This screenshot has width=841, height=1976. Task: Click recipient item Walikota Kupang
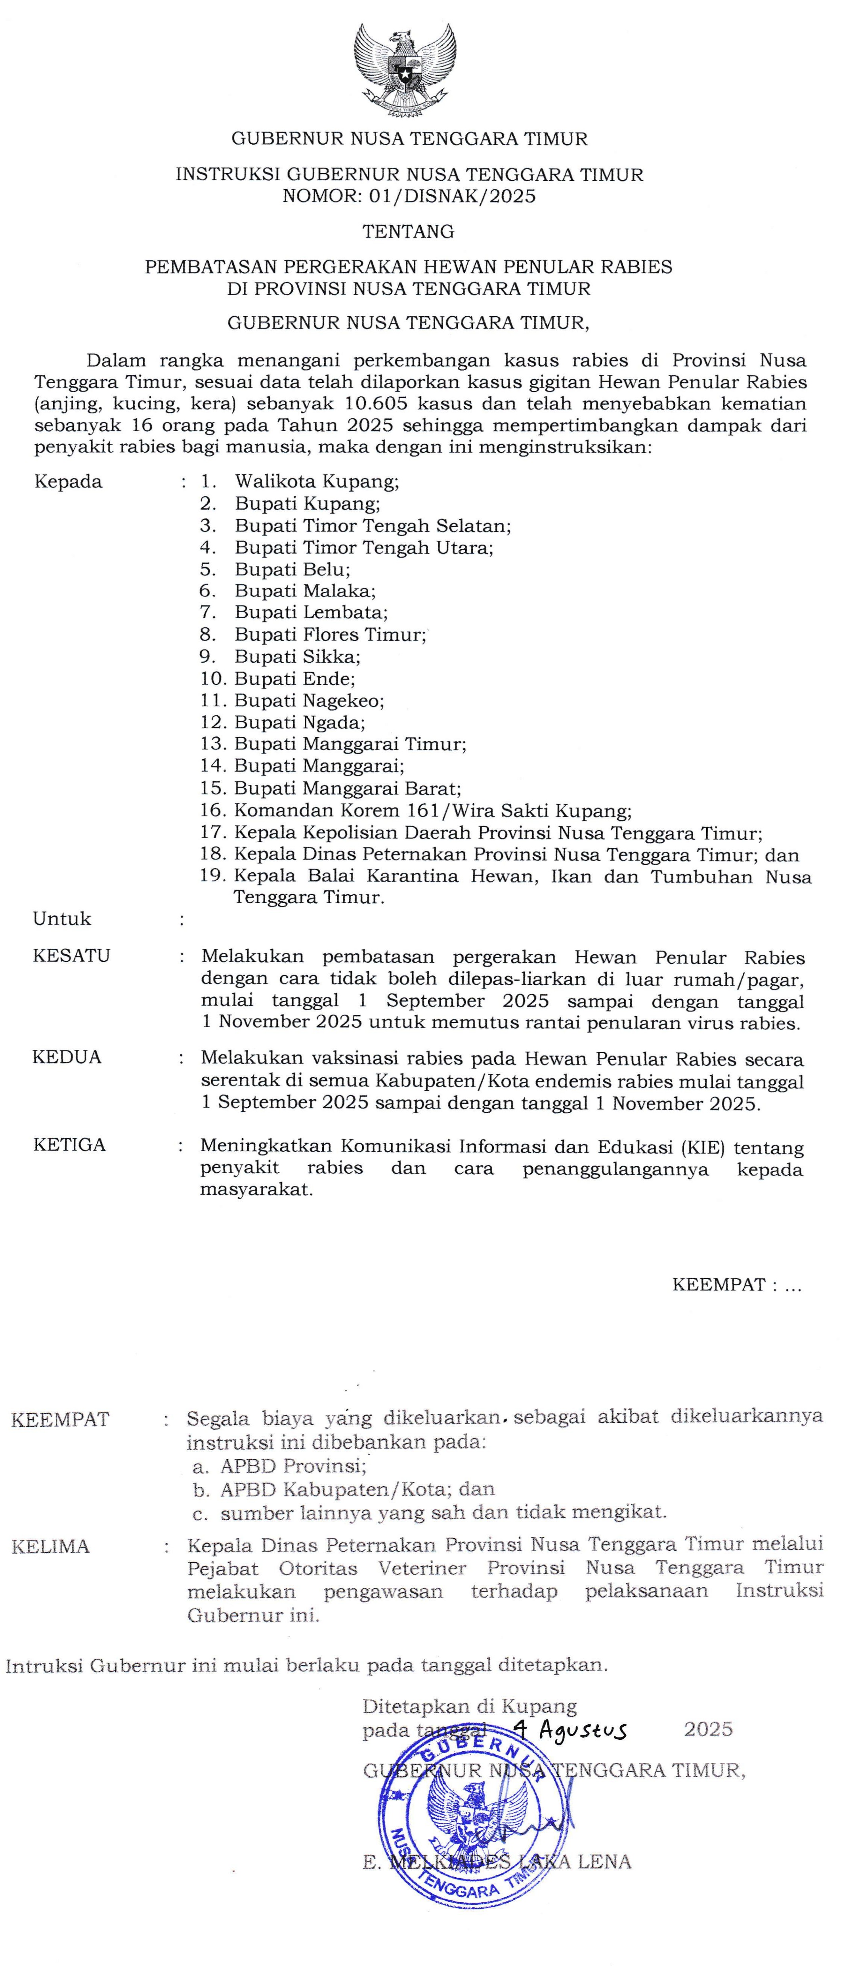(317, 482)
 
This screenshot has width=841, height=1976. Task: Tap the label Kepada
(68, 482)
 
